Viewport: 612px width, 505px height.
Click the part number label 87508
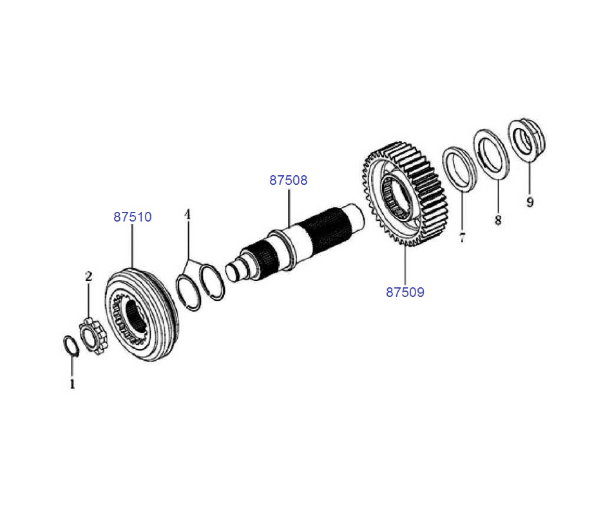(x=289, y=180)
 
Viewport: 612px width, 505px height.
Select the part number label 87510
(x=133, y=217)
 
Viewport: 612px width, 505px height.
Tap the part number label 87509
(x=405, y=292)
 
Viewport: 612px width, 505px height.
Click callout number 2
(x=89, y=276)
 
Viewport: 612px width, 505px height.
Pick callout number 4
(x=187, y=213)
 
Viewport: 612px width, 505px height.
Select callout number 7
(x=462, y=238)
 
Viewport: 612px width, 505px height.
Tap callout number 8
(x=498, y=220)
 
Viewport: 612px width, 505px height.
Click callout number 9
(x=530, y=202)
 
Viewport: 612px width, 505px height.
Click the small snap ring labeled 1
(x=72, y=345)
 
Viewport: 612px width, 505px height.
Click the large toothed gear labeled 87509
(x=400, y=193)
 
